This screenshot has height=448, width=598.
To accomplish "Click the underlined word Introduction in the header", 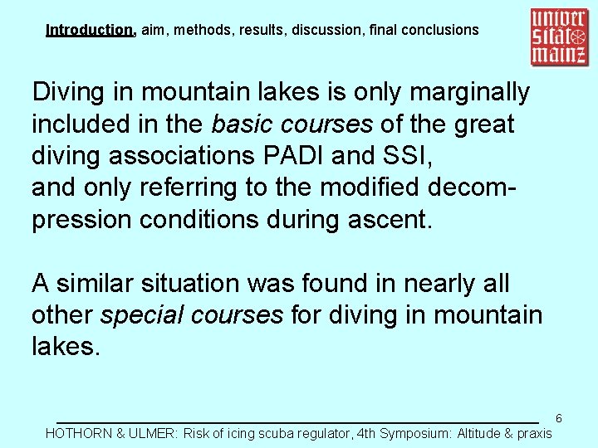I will click(90, 30).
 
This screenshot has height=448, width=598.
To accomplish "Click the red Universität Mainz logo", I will click(559, 37).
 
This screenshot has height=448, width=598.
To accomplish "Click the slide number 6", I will click(559, 418).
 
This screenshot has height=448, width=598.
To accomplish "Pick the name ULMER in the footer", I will click(154, 433).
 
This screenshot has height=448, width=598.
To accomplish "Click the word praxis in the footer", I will click(532, 433).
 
